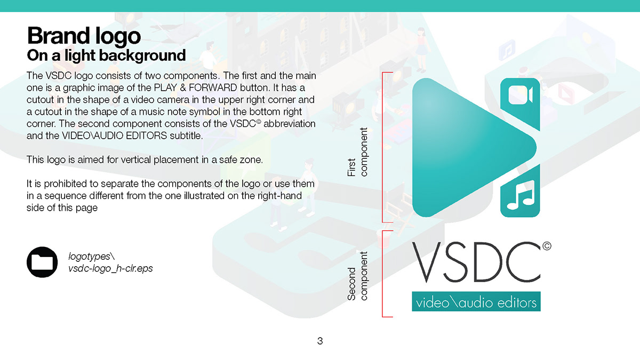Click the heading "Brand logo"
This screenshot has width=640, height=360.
(x=84, y=36)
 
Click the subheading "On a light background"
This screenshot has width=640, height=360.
(x=106, y=55)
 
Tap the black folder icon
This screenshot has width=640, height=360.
(x=42, y=262)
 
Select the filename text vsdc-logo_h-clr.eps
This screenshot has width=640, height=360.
(x=110, y=268)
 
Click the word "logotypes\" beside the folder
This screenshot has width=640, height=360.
(x=92, y=257)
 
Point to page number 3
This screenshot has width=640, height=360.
(x=320, y=341)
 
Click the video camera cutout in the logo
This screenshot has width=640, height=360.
(x=520, y=95)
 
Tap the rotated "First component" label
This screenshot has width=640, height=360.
(x=358, y=152)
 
